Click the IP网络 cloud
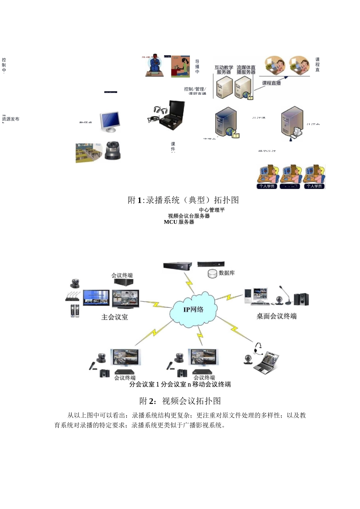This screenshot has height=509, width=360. point(194,309)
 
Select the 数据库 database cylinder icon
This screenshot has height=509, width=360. point(213,273)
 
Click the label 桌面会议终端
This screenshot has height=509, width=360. point(276,316)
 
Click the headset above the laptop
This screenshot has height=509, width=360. point(258,348)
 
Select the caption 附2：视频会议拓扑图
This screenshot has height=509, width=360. point(180,401)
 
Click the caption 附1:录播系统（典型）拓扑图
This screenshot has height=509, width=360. point(183,200)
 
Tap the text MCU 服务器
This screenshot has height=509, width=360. point(179,222)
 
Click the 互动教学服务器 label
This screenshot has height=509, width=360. point(224,70)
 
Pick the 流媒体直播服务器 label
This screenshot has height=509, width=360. point(246,70)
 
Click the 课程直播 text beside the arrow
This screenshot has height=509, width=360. point(271,83)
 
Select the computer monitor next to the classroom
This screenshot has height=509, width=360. point(110,122)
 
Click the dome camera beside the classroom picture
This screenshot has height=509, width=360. point(112,151)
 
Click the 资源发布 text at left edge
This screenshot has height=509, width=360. point(11,119)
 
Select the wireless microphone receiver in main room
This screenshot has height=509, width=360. point(73,297)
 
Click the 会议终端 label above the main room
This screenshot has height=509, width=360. point(122,275)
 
